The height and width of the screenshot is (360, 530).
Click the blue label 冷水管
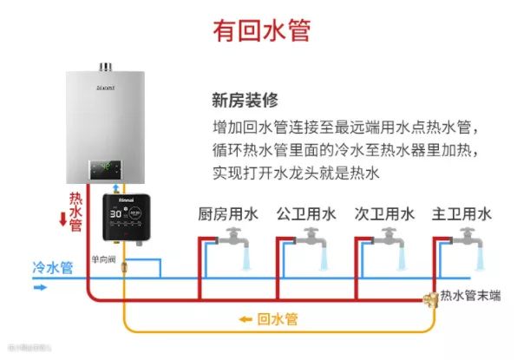pyautogui.click(x=51, y=267)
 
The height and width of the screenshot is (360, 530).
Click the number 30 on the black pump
pyautogui.click(x=115, y=213)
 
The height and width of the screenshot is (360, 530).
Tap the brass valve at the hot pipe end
pyautogui.click(x=428, y=299)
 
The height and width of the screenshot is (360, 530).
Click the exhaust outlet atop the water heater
pyautogui.click(x=107, y=67)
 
